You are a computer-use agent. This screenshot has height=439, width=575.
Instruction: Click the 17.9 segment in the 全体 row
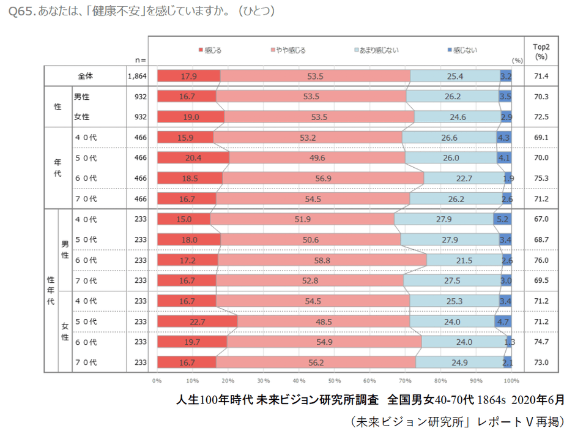tap(188, 76)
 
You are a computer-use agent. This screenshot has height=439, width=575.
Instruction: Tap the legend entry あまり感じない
tap(379, 50)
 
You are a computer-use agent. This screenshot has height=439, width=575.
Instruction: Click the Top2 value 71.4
tap(541, 76)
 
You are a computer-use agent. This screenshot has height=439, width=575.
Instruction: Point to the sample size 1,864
tap(138, 76)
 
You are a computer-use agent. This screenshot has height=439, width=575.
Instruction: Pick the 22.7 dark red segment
tap(197, 321)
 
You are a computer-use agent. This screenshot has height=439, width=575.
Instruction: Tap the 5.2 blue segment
tap(502, 219)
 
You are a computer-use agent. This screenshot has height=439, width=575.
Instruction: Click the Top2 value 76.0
tap(541, 260)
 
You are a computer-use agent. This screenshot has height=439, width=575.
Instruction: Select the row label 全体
tap(85, 76)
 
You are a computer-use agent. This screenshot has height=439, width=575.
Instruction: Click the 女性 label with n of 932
tap(82, 116)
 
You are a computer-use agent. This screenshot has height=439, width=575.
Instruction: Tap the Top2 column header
tap(541, 51)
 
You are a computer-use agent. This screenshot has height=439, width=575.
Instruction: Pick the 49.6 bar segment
tap(317, 157)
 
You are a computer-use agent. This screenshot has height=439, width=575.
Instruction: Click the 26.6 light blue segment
tap(449, 137)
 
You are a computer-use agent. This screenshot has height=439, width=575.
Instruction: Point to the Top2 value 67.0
tap(541, 219)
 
